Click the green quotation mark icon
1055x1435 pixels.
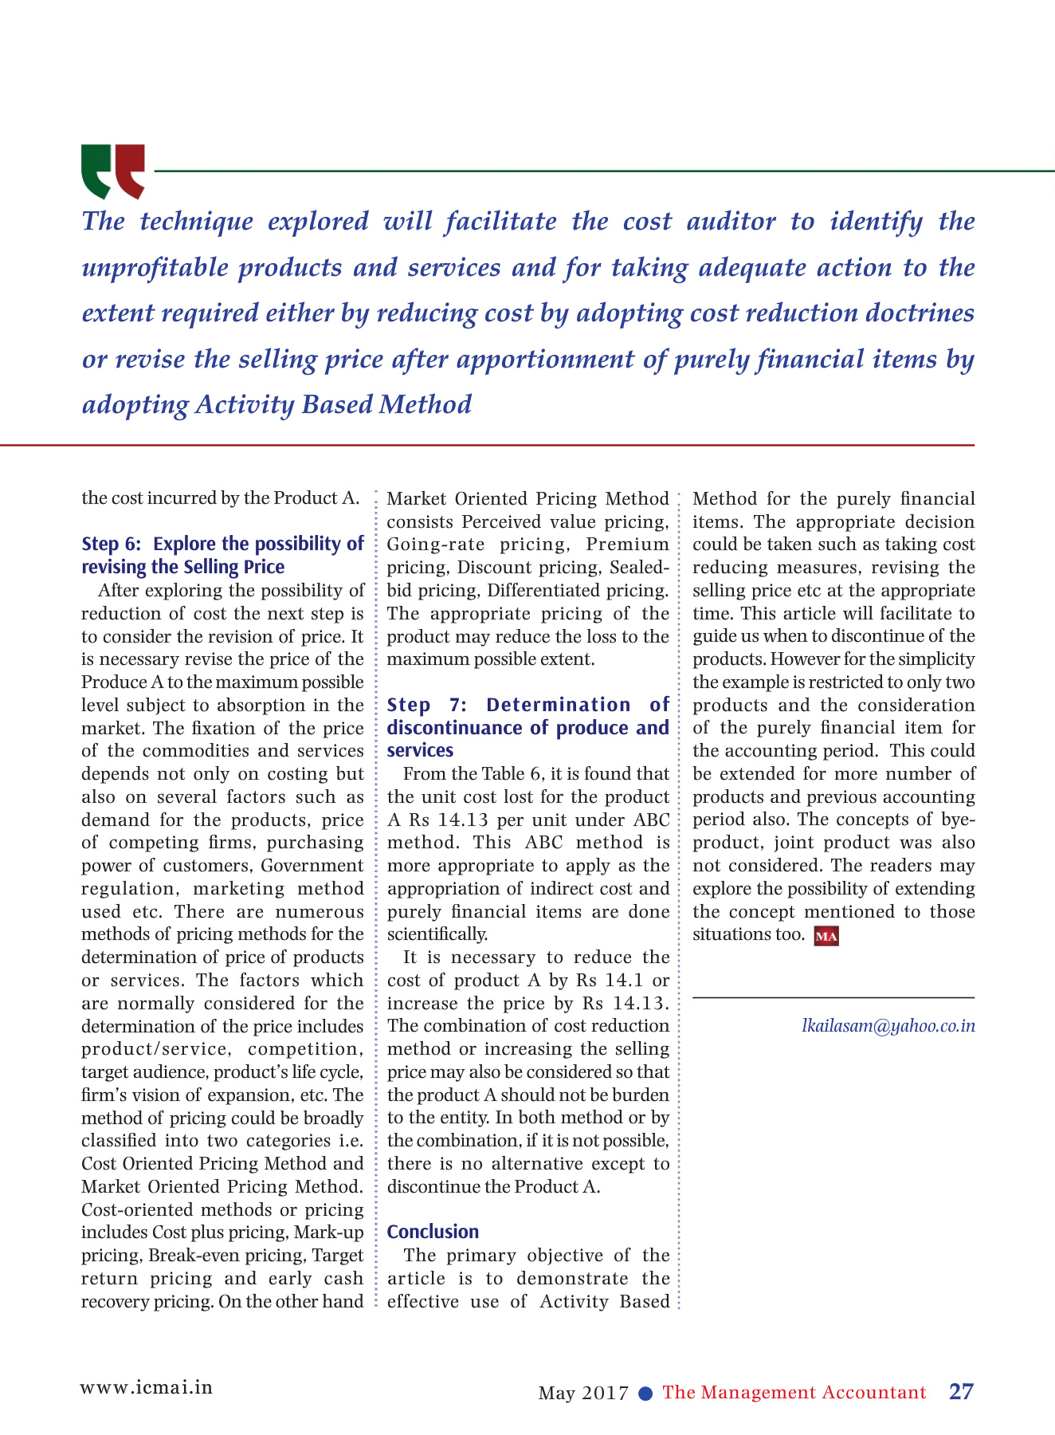(x=97, y=170)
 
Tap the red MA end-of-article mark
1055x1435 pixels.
(x=826, y=936)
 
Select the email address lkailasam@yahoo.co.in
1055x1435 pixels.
(x=888, y=1026)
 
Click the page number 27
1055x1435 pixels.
(x=961, y=1391)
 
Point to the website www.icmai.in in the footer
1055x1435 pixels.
(x=147, y=1387)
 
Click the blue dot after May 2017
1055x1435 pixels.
(x=646, y=1393)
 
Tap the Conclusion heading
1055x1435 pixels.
(x=433, y=1232)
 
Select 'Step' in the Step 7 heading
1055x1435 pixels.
(x=409, y=705)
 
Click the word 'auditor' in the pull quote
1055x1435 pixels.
(x=731, y=222)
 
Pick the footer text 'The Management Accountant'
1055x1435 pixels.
(x=794, y=1393)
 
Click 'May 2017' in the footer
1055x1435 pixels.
(x=583, y=1394)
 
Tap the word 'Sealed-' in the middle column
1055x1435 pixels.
(x=639, y=568)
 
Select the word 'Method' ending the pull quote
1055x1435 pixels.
(x=425, y=404)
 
